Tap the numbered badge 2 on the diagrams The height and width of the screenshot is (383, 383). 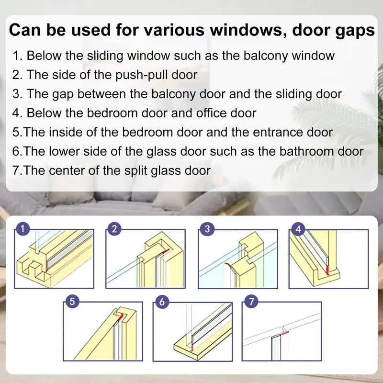[113, 229]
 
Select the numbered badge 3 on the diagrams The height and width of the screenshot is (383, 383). [206, 229]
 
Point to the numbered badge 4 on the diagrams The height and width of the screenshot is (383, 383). [299, 229]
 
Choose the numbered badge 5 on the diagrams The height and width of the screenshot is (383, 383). [72, 302]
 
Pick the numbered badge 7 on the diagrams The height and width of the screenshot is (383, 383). [251, 302]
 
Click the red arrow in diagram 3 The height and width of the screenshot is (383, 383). [228, 265]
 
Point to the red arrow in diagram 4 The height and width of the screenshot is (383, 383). [327, 270]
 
